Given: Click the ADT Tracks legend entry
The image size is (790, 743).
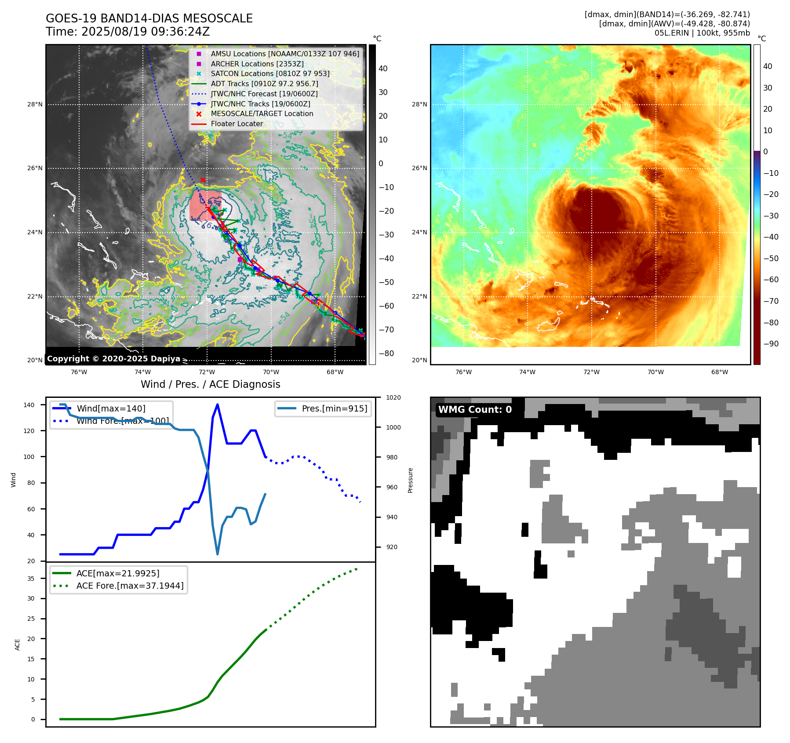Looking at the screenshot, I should (264, 84).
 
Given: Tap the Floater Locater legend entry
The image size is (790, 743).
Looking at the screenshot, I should (237, 124).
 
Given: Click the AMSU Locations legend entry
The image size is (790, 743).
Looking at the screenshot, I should (284, 54).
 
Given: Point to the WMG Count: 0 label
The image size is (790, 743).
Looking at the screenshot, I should (475, 409).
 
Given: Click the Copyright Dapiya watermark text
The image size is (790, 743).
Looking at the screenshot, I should (113, 359).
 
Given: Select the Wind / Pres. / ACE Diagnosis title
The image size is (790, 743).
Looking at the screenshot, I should (210, 384).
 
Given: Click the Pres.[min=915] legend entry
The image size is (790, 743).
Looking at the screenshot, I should (334, 408).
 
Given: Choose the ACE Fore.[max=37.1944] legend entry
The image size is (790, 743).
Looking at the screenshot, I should (130, 586).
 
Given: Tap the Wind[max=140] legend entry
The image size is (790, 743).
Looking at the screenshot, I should (111, 408).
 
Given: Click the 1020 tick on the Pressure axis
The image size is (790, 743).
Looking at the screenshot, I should (393, 397).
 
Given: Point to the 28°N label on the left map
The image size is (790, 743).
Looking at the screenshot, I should (35, 104).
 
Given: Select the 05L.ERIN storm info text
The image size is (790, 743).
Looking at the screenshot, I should (702, 33).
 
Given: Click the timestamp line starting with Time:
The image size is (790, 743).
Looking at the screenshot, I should (127, 32).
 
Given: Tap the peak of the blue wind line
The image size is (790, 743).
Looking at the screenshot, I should (218, 404).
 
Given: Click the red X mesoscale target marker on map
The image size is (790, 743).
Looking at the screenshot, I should (203, 180).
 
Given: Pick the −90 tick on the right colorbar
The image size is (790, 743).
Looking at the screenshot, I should (771, 344).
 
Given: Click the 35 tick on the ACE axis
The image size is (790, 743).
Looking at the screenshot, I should (31, 579).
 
